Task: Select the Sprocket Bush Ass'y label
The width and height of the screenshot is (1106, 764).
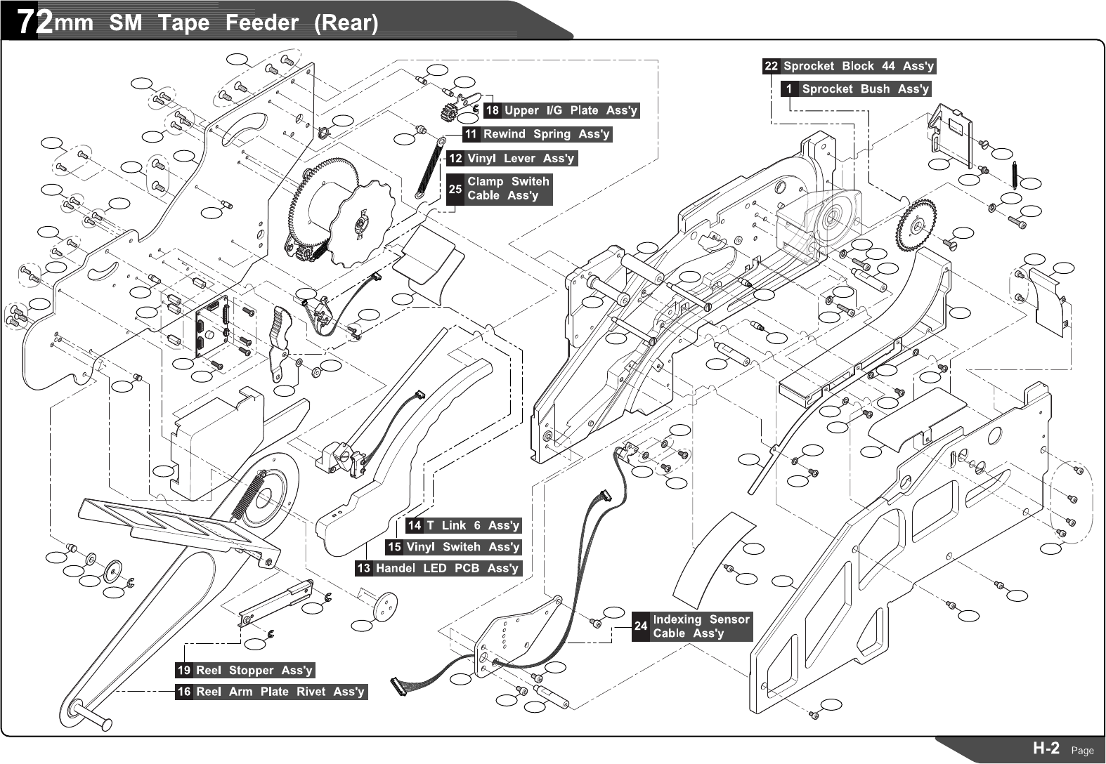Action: pyautogui.click(x=864, y=89)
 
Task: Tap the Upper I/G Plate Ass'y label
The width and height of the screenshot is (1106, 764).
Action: pyautogui.click(x=571, y=110)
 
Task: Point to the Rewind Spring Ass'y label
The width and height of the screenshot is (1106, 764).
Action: pyautogui.click(x=546, y=133)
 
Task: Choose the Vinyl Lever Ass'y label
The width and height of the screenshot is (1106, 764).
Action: pyautogui.click(x=520, y=159)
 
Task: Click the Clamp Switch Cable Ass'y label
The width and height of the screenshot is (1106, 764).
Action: pyautogui.click(x=508, y=188)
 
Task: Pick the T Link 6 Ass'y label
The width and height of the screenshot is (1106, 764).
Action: pyautogui.click(x=472, y=525)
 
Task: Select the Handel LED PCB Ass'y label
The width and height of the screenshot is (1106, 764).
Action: pyautogui.click(x=447, y=568)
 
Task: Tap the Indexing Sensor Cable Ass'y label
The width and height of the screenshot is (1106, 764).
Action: pyautogui.click(x=701, y=626)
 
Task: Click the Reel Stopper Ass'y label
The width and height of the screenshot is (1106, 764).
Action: pyautogui.click(x=254, y=670)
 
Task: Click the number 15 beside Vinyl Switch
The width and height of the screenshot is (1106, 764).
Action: pyautogui.click(x=394, y=547)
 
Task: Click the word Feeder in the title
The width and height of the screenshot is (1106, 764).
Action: pyautogui.click(x=261, y=23)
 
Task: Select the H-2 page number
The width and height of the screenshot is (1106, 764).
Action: pyautogui.click(x=1046, y=749)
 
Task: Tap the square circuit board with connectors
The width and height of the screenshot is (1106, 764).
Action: pyautogui.click(x=212, y=327)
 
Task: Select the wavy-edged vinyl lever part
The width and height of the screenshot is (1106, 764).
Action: pyautogui.click(x=280, y=342)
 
